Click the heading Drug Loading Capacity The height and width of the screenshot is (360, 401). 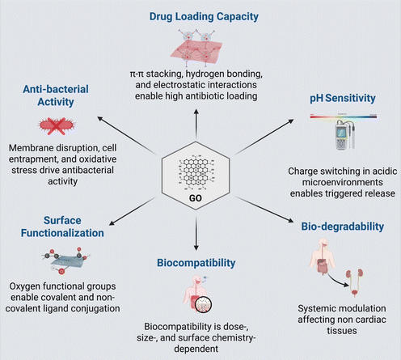click(204, 17)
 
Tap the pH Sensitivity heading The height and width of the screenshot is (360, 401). click(343, 98)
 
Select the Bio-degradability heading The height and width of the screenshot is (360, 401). click(343, 227)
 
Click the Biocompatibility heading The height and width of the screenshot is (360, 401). click(196, 263)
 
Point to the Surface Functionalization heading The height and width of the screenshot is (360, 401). click(62, 227)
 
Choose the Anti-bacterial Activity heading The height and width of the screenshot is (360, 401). click(56, 95)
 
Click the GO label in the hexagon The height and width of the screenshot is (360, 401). click(196, 198)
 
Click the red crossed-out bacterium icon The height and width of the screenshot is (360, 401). click(57, 125)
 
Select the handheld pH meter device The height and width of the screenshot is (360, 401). click(344, 134)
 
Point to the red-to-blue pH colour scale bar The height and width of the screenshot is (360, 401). click(344, 116)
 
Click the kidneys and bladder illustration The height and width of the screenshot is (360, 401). click(355, 282)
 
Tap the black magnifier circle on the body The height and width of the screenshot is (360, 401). click(203, 305)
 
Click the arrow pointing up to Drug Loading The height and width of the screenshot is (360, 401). click(196, 124)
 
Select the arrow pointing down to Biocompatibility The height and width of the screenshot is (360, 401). click(196, 233)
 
